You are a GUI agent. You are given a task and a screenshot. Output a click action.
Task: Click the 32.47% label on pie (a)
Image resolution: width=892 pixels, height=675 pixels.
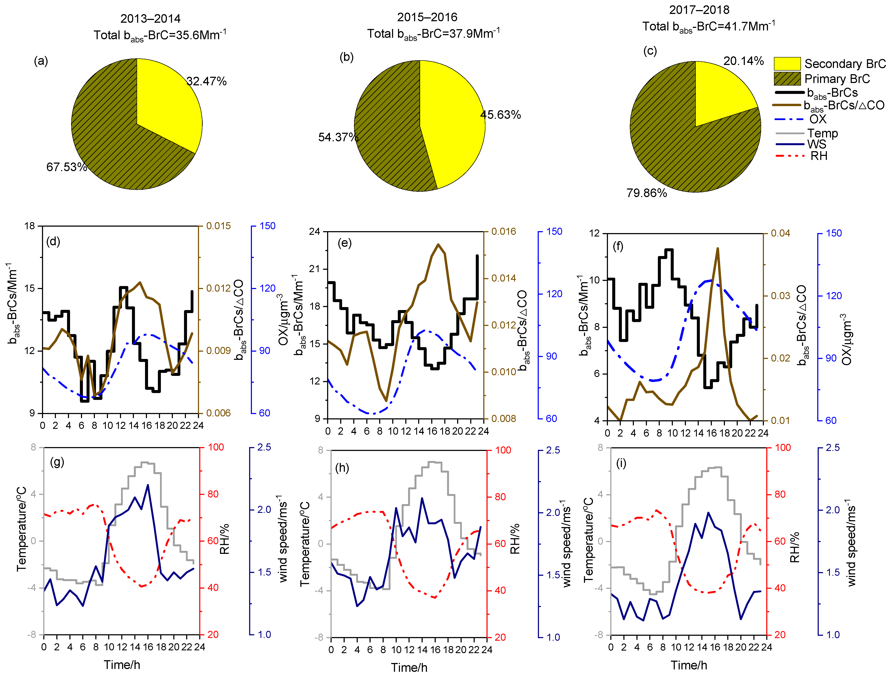pyautogui.click(x=207, y=81)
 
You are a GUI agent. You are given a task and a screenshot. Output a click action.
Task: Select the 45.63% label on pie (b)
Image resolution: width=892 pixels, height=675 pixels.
pyautogui.click(x=500, y=115)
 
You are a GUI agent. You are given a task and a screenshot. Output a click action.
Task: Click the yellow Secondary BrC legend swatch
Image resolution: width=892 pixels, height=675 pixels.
pyautogui.click(x=787, y=64)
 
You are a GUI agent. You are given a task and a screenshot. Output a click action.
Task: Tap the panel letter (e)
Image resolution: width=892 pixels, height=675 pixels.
pyautogui.click(x=344, y=243)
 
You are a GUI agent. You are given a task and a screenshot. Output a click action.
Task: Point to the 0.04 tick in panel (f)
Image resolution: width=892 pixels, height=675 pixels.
pyautogui.click(x=780, y=233)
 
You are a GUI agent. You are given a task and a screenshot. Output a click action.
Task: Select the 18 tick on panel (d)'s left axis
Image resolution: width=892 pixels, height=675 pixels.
pyautogui.click(x=30, y=226)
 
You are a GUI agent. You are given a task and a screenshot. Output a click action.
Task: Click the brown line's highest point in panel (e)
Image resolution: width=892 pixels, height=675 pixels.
pyautogui.click(x=438, y=244)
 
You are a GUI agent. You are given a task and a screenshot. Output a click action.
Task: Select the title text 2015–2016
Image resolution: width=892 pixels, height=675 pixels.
pyautogui.click(x=427, y=17)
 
